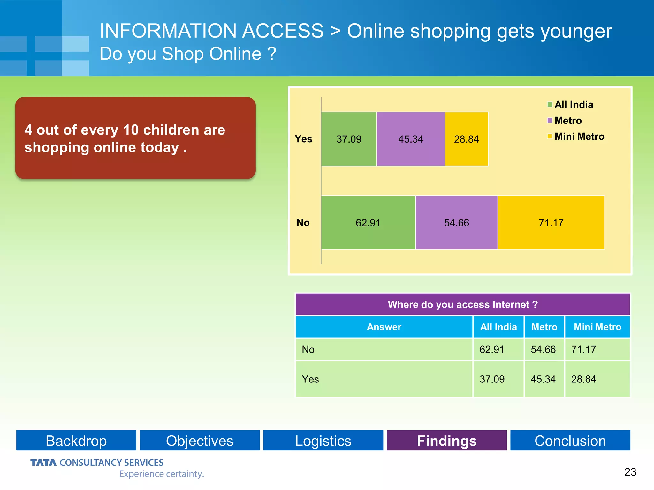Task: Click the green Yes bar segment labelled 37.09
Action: pyautogui.click(x=349, y=139)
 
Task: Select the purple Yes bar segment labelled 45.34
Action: pyautogui.click(x=411, y=139)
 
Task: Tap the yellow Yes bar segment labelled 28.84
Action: pyautogui.click(x=466, y=139)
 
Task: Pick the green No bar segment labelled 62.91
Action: pyautogui.click(x=368, y=223)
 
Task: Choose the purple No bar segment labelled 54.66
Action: pyautogui.click(x=456, y=223)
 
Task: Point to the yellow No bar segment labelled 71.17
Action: pyautogui.click(x=551, y=223)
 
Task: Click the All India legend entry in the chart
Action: pyautogui.click(x=570, y=105)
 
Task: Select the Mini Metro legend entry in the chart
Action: pyautogui.click(x=576, y=137)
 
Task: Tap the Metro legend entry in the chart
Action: pyautogui.click(x=565, y=121)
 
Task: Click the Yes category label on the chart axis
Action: pyautogui.click(x=303, y=139)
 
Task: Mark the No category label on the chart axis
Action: pyautogui.click(x=303, y=223)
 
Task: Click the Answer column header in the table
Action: pyautogui.click(x=384, y=327)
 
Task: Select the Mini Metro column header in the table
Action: pyautogui.click(x=597, y=327)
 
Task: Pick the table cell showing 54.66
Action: pyautogui.click(x=543, y=350)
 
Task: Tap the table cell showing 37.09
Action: pyautogui.click(x=492, y=379)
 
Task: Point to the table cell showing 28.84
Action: pyautogui.click(x=583, y=379)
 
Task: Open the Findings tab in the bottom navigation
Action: pyautogui.click(x=447, y=441)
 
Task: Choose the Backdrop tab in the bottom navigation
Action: pyautogui.click(x=76, y=441)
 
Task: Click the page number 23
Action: pyautogui.click(x=630, y=472)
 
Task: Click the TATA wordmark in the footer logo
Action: pyautogui.click(x=43, y=463)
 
